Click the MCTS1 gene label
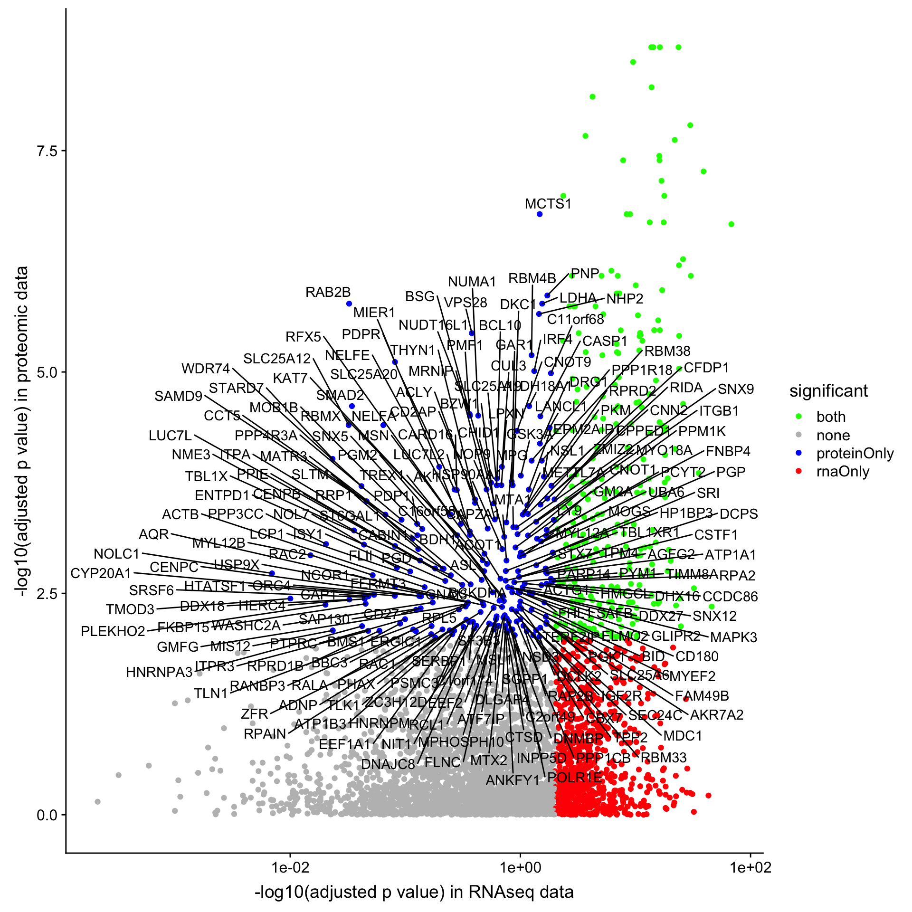[x=548, y=204]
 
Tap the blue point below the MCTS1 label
[x=540, y=214]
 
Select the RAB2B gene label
[x=328, y=292]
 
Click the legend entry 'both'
[x=831, y=417]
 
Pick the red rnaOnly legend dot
[x=798, y=472]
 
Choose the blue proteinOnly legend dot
[x=798, y=454]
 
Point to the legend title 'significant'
[x=828, y=391]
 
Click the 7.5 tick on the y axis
[x=47, y=151]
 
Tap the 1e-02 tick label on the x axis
[x=290, y=868]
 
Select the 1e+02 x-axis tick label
[x=750, y=868]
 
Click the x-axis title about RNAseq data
[x=414, y=892]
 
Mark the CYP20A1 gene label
[x=101, y=573]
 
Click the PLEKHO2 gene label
[x=113, y=631]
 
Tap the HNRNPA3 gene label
[x=159, y=672]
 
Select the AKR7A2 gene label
[x=716, y=715]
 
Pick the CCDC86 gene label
[x=730, y=597]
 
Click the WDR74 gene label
[x=205, y=369]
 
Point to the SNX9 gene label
[x=735, y=389]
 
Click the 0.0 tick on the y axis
[x=47, y=815]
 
